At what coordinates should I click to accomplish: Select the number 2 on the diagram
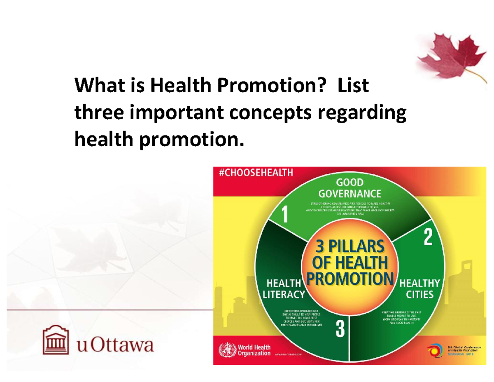[428, 238]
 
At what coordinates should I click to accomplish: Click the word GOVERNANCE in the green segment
[350, 194]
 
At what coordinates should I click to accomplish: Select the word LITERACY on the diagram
[284, 295]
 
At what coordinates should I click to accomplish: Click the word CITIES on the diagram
[419, 295]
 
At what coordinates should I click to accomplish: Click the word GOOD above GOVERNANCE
[350, 183]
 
